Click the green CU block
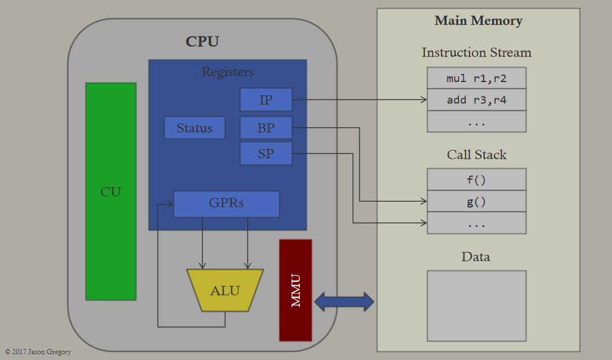click(111, 191)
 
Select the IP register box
click(266, 99)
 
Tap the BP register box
click(266, 128)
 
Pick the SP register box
click(266, 154)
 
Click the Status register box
click(194, 128)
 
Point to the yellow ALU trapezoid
click(225, 290)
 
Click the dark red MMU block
click(295, 290)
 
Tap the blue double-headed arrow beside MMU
click(344, 302)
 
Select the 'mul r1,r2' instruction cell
click(477, 78)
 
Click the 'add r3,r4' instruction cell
click(477, 100)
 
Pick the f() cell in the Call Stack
click(477, 180)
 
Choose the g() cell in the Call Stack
click(477, 202)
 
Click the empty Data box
click(477, 306)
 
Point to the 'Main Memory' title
click(479, 20)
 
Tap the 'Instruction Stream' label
click(477, 53)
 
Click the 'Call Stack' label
click(477, 155)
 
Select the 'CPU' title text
click(202, 42)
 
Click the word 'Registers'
click(228, 72)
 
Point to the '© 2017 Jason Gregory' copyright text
click(38, 352)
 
